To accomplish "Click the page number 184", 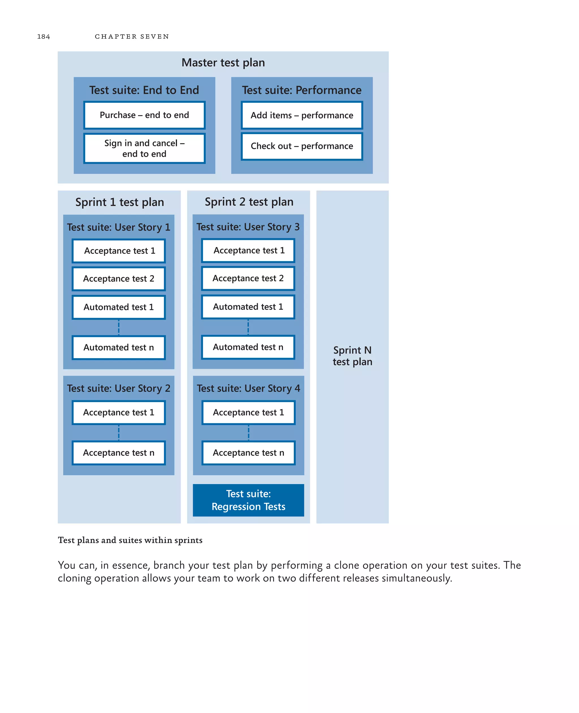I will tap(43, 36).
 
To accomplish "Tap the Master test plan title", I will tap(223, 63).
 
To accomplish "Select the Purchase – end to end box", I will tap(144, 115).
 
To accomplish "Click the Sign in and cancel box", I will tap(144, 148).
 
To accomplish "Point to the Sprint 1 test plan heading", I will tap(119, 202).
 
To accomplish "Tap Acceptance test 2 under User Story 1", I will tap(118, 278).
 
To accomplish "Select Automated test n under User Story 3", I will tap(248, 347).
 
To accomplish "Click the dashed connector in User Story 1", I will tap(119, 327).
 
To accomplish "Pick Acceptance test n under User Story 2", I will tap(118, 453).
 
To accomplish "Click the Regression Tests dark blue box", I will tap(248, 500).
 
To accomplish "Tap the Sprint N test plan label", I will tap(352, 356).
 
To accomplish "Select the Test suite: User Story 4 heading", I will tap(248, 388).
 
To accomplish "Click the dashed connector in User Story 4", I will tap(249, 433).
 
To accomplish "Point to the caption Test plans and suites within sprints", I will tap(130, 540).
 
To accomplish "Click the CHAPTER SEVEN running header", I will tap(132, 36).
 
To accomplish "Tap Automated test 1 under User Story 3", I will tap(248, 307).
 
